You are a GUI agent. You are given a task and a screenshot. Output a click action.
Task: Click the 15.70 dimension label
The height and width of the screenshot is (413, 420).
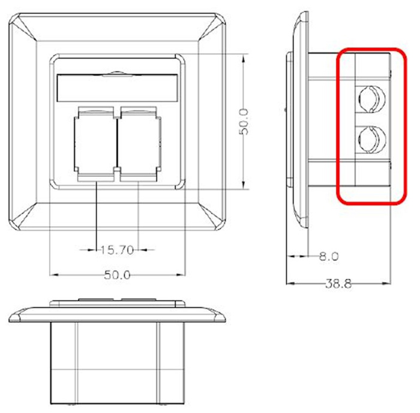(x=117, y=250)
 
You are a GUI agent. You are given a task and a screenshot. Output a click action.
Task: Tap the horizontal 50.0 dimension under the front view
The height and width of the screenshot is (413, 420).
(x=118, y=275)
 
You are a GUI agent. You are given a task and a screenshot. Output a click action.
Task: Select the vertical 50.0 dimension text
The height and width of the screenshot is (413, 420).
(x=244, y=122)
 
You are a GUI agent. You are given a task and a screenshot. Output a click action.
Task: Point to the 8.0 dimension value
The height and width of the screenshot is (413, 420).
(x=329, y=257)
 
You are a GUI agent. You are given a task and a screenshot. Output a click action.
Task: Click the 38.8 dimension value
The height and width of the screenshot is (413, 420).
(x=338, y=284)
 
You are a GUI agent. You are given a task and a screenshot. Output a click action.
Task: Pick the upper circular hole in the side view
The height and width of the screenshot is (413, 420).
(x=372, y=98)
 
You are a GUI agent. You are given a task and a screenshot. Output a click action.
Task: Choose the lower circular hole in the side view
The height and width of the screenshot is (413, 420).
(x=372, y=140)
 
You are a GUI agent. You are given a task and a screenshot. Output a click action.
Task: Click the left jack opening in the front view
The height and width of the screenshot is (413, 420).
(x=96, y=143)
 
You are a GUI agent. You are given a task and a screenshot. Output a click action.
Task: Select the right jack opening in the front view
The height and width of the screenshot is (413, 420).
(x=139, y=143)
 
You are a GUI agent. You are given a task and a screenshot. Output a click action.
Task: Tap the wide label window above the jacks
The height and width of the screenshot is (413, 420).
(x=118, y=88)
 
